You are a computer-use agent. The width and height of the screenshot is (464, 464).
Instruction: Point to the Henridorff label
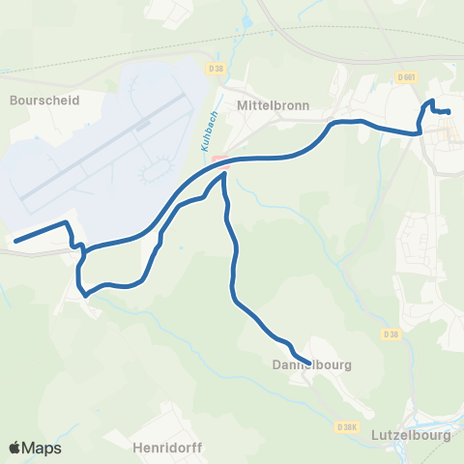coord(161,448)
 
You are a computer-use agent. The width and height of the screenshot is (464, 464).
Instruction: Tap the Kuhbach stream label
coord(206,129)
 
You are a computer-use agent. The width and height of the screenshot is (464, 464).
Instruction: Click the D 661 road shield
coord(405,76)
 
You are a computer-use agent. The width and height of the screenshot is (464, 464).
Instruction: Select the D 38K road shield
coord(348,425)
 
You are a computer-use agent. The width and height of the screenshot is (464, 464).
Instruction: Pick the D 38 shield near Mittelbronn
coord(216,68)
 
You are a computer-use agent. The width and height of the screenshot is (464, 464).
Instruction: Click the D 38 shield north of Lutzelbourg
coord(391,334)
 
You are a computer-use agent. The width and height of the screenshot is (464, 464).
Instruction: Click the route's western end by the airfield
coord(14,240)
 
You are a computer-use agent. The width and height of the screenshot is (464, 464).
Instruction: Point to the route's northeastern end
coord(449,112)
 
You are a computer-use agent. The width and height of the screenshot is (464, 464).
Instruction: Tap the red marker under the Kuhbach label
coord(220,162)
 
